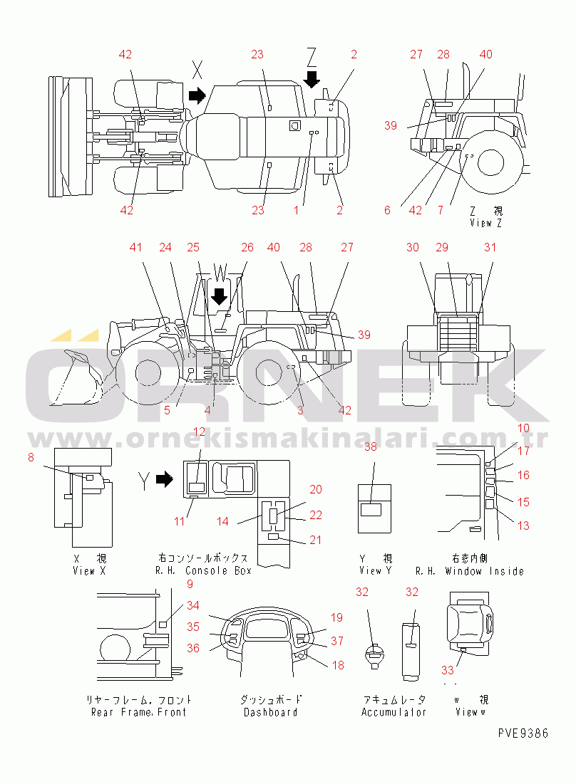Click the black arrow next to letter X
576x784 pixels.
click(x=195, y=95)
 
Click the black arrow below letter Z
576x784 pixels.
click(x=312, y=78)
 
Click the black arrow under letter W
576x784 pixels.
click(x=220, y=296)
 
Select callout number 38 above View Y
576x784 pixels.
click(x=370, y=447)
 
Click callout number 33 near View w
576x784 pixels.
click(x=447, y=669)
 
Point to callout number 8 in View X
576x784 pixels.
click(x=31, y=458)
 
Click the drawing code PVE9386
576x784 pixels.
click(x=523, y=733)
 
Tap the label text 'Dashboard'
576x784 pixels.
click(x=270, y=712)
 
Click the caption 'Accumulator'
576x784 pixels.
click(x=394, y=712)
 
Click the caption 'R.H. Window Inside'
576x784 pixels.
click(x=469, y=571)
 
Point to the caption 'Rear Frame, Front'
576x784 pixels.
click(x=138, y=712)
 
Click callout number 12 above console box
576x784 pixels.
click(x=200, y=432)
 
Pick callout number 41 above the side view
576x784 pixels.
click(x=136, y=247)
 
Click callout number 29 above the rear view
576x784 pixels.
click(x=443, y=247)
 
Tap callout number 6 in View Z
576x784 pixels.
click(x=387, y=210)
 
